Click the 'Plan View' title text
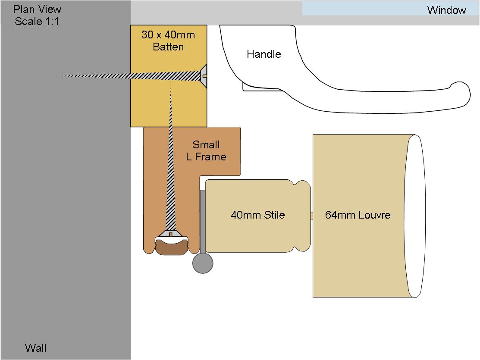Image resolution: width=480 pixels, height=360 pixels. click(37, 9)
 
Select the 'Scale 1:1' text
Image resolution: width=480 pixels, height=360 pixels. click(37, 22)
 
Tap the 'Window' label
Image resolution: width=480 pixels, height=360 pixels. click(447, 10)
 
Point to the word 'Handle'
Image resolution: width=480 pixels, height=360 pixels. click(264, 54)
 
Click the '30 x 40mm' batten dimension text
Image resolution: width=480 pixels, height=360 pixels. click(168, 35)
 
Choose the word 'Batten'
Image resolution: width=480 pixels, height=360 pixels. click(168, 47)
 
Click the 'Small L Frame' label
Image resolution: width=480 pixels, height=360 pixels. click(206, 150)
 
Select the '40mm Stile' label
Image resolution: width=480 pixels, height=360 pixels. click(258, 215)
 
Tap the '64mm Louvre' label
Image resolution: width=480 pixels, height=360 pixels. click(358, 215)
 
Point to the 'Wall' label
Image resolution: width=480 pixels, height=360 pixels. click(35, 348)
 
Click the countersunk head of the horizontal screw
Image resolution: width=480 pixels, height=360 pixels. click(204, 76)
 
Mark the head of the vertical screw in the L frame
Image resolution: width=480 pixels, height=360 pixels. click(171, 234)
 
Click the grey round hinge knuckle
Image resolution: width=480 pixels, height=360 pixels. click(203, 263)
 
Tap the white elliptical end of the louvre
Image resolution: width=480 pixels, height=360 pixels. click(415, 216)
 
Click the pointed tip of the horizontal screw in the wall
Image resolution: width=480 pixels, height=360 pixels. click(55, 76)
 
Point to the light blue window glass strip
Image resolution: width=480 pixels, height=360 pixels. click(391, 8)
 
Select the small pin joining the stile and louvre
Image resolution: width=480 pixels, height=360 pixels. click(312, 216)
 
